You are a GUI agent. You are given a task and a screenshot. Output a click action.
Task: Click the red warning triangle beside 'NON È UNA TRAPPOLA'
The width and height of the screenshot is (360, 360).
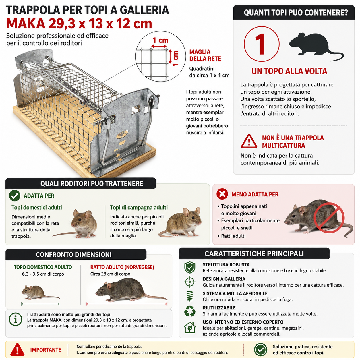249,141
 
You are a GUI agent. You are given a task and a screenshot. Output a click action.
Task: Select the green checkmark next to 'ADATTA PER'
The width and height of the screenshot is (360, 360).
15,196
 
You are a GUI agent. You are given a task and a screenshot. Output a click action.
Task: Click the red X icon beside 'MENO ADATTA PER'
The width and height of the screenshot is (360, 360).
222,194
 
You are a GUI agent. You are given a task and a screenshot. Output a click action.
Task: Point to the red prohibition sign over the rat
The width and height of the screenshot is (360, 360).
329,218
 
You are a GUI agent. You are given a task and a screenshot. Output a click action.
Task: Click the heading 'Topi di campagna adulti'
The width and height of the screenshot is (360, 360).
139,207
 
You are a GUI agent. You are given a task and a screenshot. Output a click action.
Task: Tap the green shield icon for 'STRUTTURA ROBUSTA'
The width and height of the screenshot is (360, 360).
190,267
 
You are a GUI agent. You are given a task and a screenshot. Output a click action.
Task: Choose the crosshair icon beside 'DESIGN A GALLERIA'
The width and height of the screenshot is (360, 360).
190,282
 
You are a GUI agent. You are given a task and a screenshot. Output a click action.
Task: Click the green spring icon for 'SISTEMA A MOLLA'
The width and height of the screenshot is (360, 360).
190,296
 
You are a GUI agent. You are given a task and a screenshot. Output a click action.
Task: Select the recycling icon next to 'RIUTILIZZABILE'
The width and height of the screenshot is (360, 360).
190,311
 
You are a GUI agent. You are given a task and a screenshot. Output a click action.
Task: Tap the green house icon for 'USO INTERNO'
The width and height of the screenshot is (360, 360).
190,327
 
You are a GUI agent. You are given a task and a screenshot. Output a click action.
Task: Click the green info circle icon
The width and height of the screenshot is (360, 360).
16,319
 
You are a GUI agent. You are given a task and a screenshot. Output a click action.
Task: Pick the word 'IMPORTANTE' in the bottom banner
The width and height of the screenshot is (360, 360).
46,350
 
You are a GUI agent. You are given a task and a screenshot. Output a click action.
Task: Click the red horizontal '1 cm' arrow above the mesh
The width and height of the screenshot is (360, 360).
159,46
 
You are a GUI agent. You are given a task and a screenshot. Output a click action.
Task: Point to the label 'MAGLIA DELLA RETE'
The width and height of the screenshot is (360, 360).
205,55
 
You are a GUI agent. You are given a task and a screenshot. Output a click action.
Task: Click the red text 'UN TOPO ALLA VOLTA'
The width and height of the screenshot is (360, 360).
289,71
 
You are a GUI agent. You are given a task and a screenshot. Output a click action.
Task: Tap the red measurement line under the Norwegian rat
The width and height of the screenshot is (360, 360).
127,304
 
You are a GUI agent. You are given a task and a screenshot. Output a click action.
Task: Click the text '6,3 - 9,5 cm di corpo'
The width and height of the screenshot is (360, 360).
43,274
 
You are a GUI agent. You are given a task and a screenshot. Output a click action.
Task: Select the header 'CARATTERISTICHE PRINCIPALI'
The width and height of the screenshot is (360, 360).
254,254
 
